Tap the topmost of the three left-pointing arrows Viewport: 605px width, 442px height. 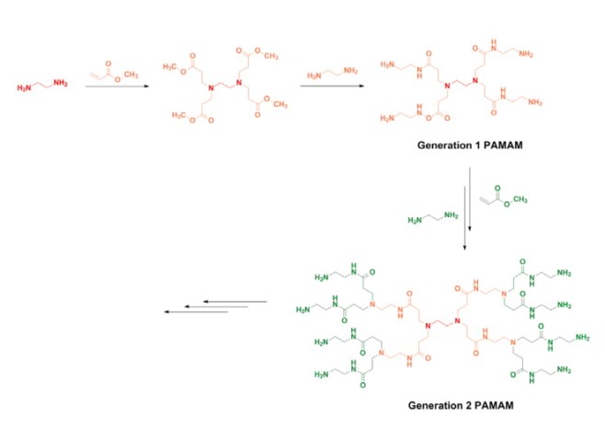pos(234,301)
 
